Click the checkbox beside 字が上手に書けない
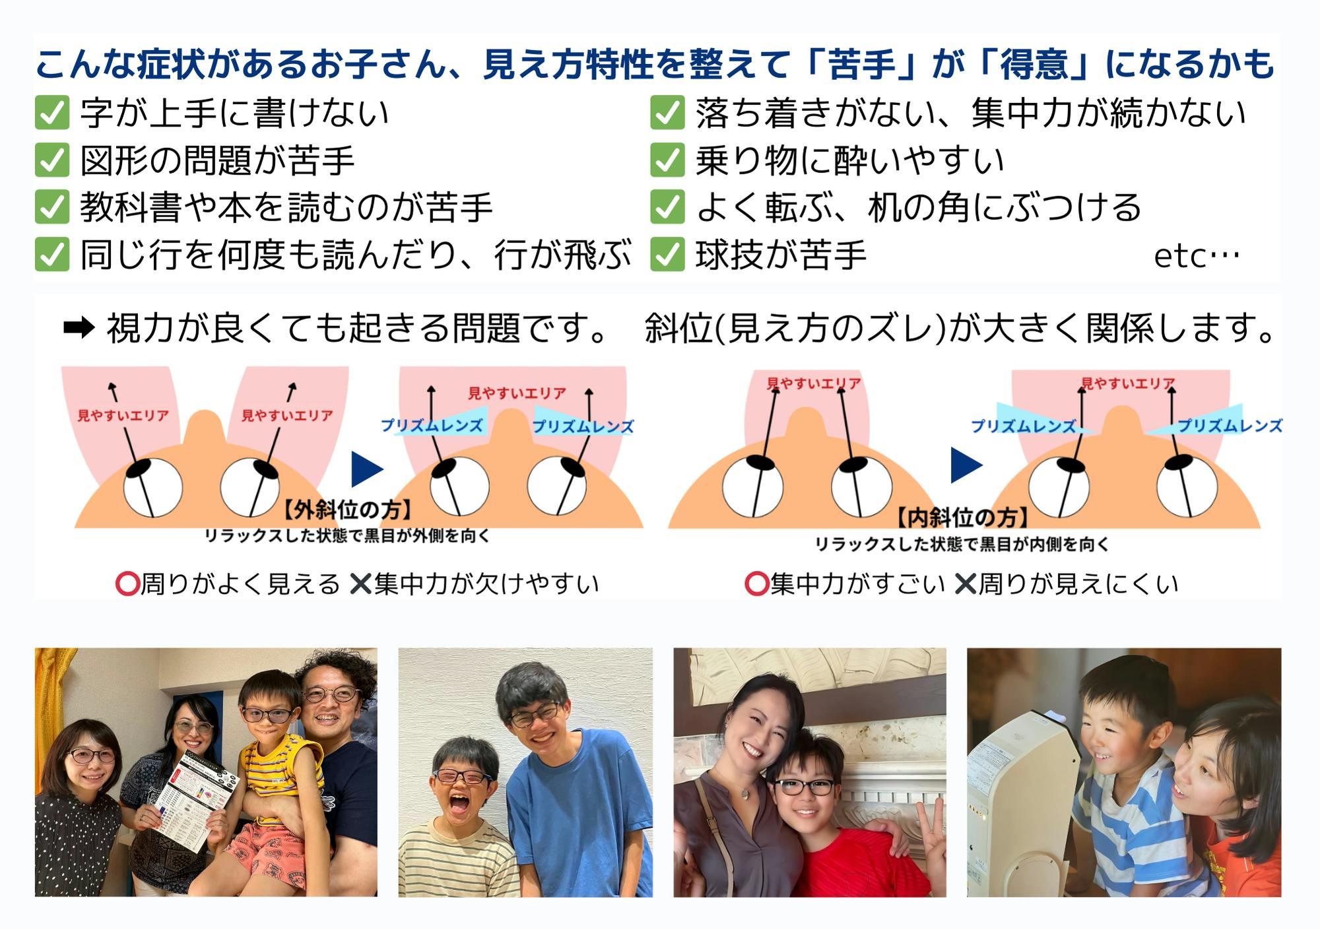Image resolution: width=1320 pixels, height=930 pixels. (x=52, y=113)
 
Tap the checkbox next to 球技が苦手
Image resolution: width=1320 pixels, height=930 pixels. (x=667, y=255)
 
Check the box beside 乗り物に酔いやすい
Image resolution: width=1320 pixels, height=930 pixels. (x=667, y=160)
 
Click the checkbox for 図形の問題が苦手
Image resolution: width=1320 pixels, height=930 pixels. (x=52, y=160)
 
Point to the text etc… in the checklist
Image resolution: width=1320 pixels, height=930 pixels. (x=1197, y=256)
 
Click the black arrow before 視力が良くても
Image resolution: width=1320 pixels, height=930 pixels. (x=79, y=327)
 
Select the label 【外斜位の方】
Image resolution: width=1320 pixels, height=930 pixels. (x=348, y=510)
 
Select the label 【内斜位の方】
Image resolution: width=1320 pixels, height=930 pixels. (x=962, y=517)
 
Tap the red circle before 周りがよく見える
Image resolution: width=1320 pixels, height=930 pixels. (x=127, y=583)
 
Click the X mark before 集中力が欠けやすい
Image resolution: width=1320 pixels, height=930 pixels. (x=360, y=583)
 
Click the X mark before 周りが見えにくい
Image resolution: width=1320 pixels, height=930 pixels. (x=966, y=583)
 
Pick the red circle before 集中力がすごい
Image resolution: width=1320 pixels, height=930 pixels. (x=756, y=583)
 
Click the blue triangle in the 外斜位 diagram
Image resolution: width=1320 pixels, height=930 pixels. (x=368, y=469)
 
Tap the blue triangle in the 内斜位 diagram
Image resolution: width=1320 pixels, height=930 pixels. (x=967, y=465)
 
